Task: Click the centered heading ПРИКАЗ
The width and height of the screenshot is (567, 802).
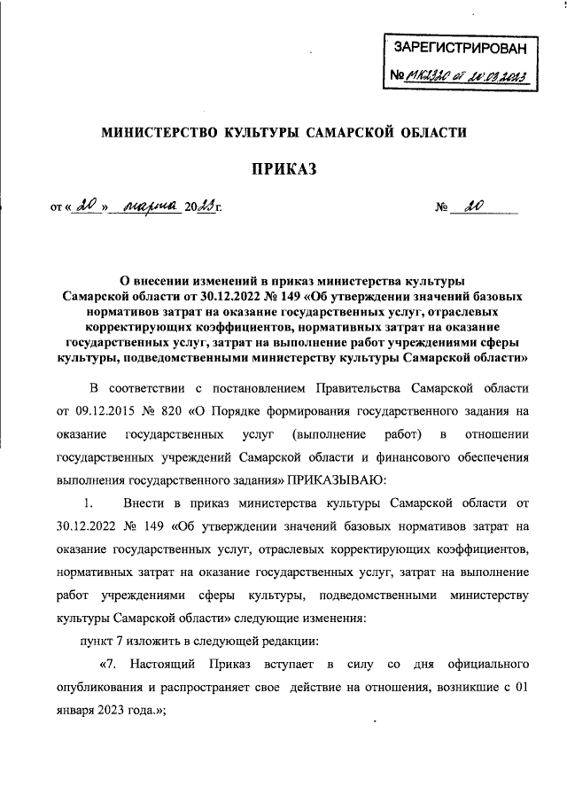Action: [284, 168]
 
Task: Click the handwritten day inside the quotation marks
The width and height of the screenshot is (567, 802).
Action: [86, 208]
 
